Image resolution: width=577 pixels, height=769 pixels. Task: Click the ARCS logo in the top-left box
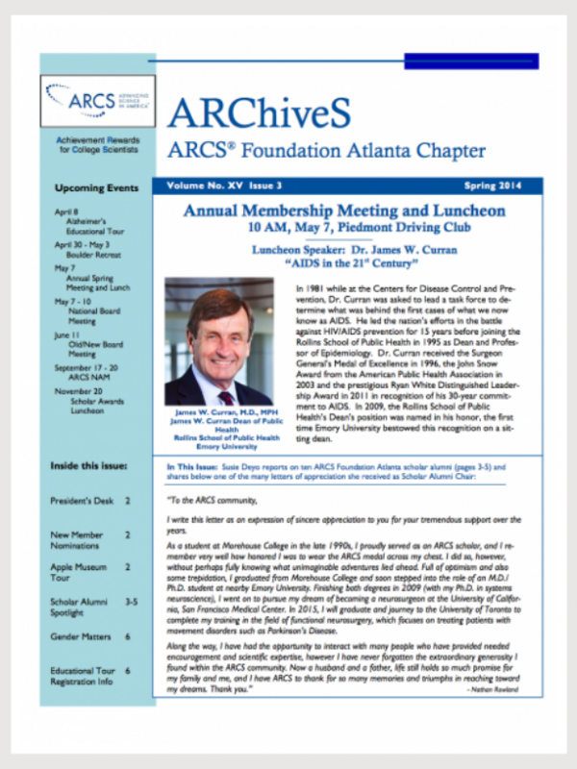[94, 99]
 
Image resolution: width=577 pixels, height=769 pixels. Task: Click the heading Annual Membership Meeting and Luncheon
[343, 211]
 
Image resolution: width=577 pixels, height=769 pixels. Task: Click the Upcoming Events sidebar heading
[96, 187]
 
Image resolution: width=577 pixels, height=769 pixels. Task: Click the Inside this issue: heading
[90, 467]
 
